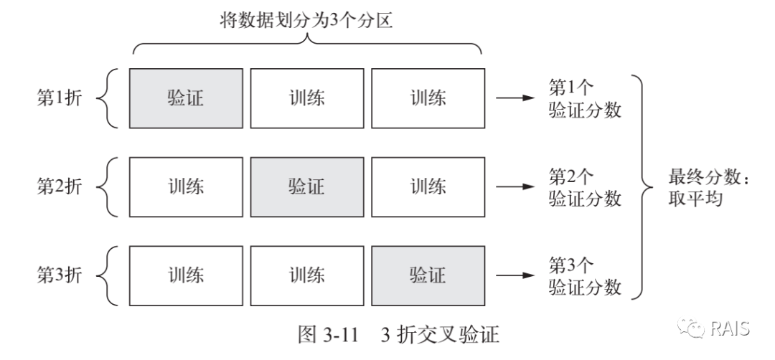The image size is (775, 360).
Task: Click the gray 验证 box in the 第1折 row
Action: coord(186,98)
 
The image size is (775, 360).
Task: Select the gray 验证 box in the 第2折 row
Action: coord(306,186)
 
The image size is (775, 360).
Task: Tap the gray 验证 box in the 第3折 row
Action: coord(428,275)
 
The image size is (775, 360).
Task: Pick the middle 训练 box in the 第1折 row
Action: coord(306,98)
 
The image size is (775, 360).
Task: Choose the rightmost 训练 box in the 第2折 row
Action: coord(428,186)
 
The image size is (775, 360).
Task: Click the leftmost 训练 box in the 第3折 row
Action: coord(186,275)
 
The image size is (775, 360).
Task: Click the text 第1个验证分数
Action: coord(584,98)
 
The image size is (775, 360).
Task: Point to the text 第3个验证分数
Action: coord(584,275)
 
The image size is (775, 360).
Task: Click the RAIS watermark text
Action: coord(730,329)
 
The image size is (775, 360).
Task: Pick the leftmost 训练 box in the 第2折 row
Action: coord(186,186)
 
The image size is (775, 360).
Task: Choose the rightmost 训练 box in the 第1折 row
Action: coord(428,98)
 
